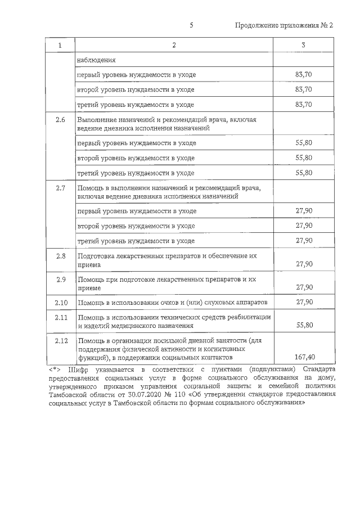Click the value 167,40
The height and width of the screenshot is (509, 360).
click(x=304, y=357)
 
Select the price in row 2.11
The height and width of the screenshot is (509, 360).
click(x=304, y=325)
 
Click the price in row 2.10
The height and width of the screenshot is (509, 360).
click(x=304, y=303)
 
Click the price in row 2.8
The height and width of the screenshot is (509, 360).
click(x=304, y=264)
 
